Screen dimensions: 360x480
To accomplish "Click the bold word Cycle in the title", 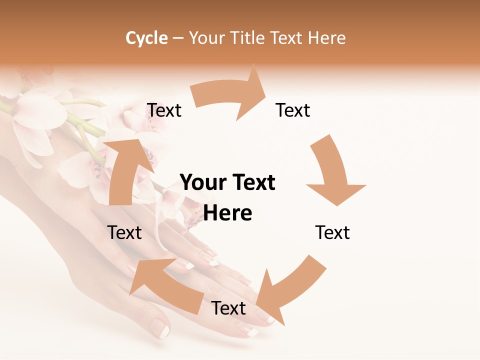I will coord(146,38).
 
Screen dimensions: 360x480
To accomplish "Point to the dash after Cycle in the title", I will coord(178,38).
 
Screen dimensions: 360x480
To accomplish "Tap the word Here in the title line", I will coord(327,38).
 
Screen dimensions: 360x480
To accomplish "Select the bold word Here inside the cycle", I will coord(227,213).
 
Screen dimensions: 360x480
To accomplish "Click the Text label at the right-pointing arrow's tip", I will coord(293,110).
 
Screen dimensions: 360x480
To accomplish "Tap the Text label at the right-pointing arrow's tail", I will coord(164,110).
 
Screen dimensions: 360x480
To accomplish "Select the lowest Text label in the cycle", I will coord(228,308).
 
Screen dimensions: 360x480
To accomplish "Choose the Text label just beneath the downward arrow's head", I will coord(332,232).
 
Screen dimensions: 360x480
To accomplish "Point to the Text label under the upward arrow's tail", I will coord(124,232).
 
